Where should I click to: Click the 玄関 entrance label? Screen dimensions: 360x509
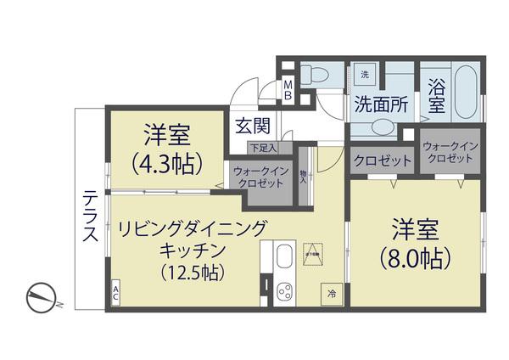(252, 127)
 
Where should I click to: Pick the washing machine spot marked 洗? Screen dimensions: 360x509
(365, 75)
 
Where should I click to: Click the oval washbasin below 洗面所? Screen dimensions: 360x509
(381, 127)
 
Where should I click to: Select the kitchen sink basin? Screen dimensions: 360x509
(283, 256)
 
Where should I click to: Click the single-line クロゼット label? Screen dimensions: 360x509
(383, 160)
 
